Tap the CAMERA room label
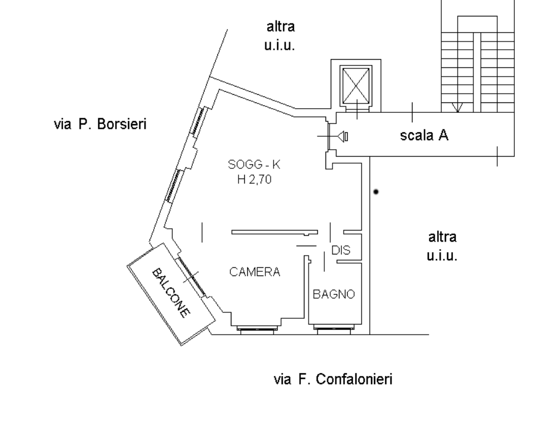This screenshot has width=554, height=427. (254, 272)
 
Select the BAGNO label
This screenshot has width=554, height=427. (334, 294)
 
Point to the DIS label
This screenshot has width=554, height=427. (340, 250)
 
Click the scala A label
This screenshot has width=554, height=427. (424, 136)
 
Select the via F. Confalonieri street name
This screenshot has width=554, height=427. (333, 380)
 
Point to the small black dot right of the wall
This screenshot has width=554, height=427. (376, 191)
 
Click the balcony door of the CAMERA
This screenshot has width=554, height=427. (191, 276)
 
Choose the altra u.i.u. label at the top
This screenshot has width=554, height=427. (281, 35)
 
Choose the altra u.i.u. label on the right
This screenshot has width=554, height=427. (442, 246)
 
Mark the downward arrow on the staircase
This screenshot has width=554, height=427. (459, 107)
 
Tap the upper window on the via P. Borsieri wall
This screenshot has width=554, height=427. (199, 121)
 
